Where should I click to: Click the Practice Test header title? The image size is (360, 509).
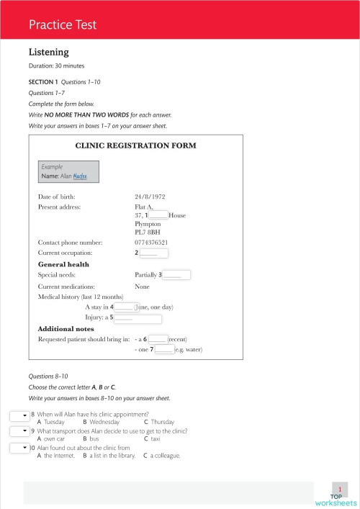point(63,25)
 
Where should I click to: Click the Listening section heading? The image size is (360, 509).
point(48,52)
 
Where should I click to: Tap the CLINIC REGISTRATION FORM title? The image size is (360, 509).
point(135,145)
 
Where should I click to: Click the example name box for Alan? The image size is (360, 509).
point(68,171)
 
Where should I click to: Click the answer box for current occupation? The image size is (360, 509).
point(153,253)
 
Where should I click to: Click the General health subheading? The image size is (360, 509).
point(63,264)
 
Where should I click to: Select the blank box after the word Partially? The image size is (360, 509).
point(177,274)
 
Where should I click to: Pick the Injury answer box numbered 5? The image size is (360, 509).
point(138,317)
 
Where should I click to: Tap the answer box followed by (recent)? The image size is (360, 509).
point(158,338)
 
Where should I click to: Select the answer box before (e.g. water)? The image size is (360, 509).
point(164,349)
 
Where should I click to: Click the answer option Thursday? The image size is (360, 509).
point(163,422)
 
